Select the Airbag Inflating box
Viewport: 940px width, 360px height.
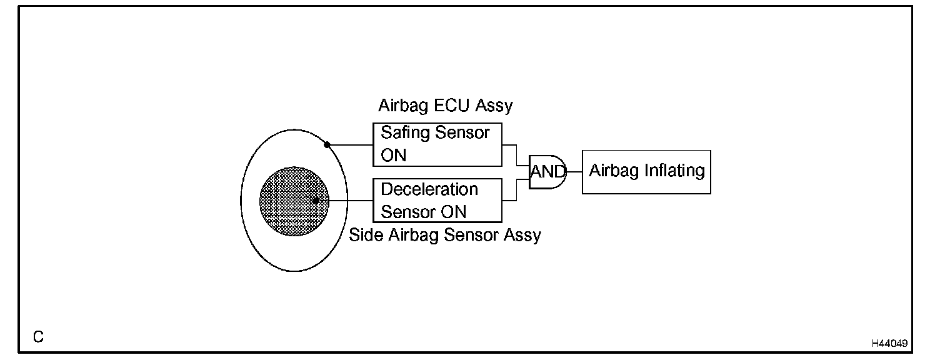646,172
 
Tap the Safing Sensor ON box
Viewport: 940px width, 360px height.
437,144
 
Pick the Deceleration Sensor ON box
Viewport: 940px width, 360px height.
437,200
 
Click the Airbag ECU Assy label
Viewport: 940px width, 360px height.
445,106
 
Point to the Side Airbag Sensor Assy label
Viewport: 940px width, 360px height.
445,235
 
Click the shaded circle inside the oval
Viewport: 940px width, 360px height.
293,200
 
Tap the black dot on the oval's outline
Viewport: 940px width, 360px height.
327,145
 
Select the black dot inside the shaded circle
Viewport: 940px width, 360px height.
316,201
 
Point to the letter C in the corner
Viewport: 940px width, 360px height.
38,337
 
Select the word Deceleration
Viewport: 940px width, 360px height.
429,189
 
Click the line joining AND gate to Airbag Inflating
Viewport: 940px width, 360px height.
574,172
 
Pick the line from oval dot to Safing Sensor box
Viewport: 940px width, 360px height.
350,145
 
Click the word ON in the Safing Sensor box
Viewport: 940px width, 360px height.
393,155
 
